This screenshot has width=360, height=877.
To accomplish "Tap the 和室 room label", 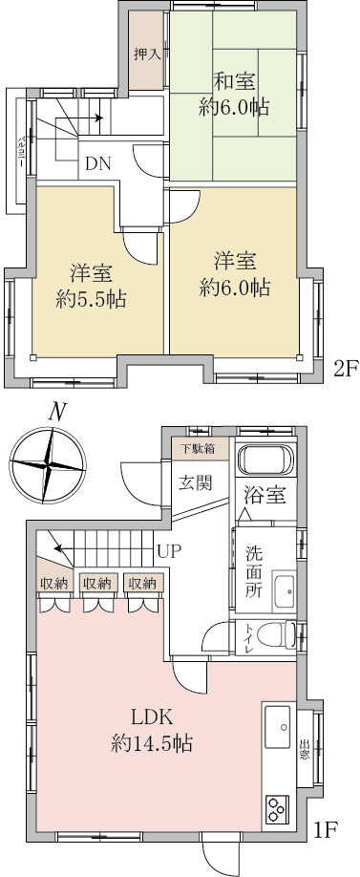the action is pos(234,82).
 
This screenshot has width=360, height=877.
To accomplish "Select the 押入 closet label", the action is pos(148,54).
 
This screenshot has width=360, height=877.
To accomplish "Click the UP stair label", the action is pos(169,552).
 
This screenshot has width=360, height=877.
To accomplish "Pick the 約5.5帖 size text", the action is pos(91,300).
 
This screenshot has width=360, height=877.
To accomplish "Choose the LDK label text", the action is pos(151,716).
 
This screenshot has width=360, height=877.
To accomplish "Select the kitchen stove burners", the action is pos(276,809).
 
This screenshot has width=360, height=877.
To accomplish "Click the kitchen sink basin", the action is pos(277,726).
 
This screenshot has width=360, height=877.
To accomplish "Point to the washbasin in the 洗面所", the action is pos(284,591).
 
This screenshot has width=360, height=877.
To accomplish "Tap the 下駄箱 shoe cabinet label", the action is pos(199,448).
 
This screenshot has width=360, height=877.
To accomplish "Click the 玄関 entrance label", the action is pos(196,482).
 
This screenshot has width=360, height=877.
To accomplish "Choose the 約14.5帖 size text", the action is pos(152,744).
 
